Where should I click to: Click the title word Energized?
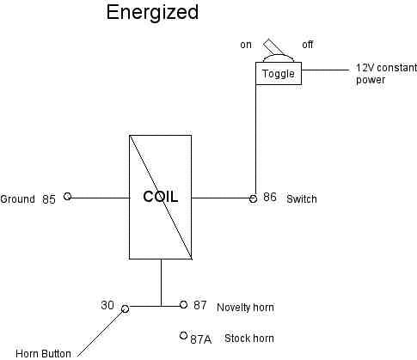coord(152,13)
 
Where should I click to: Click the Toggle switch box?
coord(278,74)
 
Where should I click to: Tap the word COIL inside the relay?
coord(161,197)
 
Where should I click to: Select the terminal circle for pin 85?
coord(68,197)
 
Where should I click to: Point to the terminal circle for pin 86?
coord(253,198)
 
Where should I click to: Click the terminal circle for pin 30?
coord(125,307)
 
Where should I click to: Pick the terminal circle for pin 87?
coord(183,304)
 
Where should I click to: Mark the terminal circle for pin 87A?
coord(183,336)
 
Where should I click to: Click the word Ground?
coord(18,199)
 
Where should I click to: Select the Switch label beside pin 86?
coord(302,199)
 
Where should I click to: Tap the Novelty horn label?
coord(246,308)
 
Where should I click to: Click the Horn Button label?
coord(43,353)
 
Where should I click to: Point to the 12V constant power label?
coord(382,74)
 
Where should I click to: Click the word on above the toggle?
coord(246,45)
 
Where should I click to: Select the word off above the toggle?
coord(308,45)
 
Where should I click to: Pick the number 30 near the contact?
coord(107,304)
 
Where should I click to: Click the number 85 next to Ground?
coord(48,199)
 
